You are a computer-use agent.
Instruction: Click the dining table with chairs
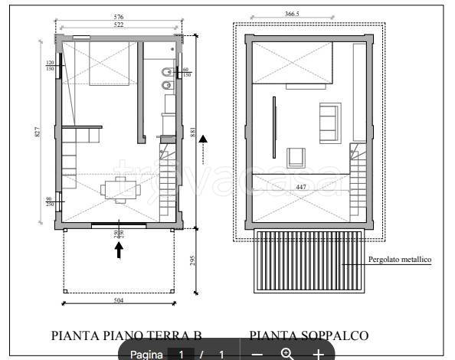click(119, 189)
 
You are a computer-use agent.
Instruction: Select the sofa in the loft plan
click(329, 122)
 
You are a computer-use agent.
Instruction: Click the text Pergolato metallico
click(401, 260)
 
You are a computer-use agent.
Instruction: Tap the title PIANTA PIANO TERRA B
click(126, 335)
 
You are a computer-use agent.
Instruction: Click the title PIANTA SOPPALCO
click(309, 335)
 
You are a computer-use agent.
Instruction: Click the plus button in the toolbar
click(318, 354)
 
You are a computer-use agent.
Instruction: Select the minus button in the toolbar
click(257, 354)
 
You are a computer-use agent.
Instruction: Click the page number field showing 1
click(182, 354)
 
